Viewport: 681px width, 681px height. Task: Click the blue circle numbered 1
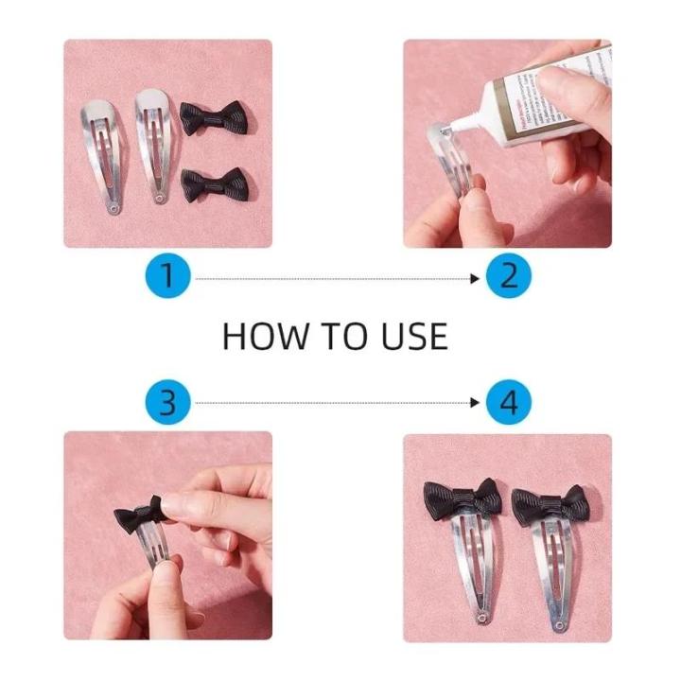tap(168, 277)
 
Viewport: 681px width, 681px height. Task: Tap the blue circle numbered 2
tap(509, 277)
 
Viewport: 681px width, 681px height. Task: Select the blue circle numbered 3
tap(168, 404)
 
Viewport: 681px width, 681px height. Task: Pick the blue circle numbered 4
tap(509, 404)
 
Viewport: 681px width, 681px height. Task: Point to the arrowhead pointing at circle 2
tap(476, 277)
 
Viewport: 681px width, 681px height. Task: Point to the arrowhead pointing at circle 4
tap(476, 404)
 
